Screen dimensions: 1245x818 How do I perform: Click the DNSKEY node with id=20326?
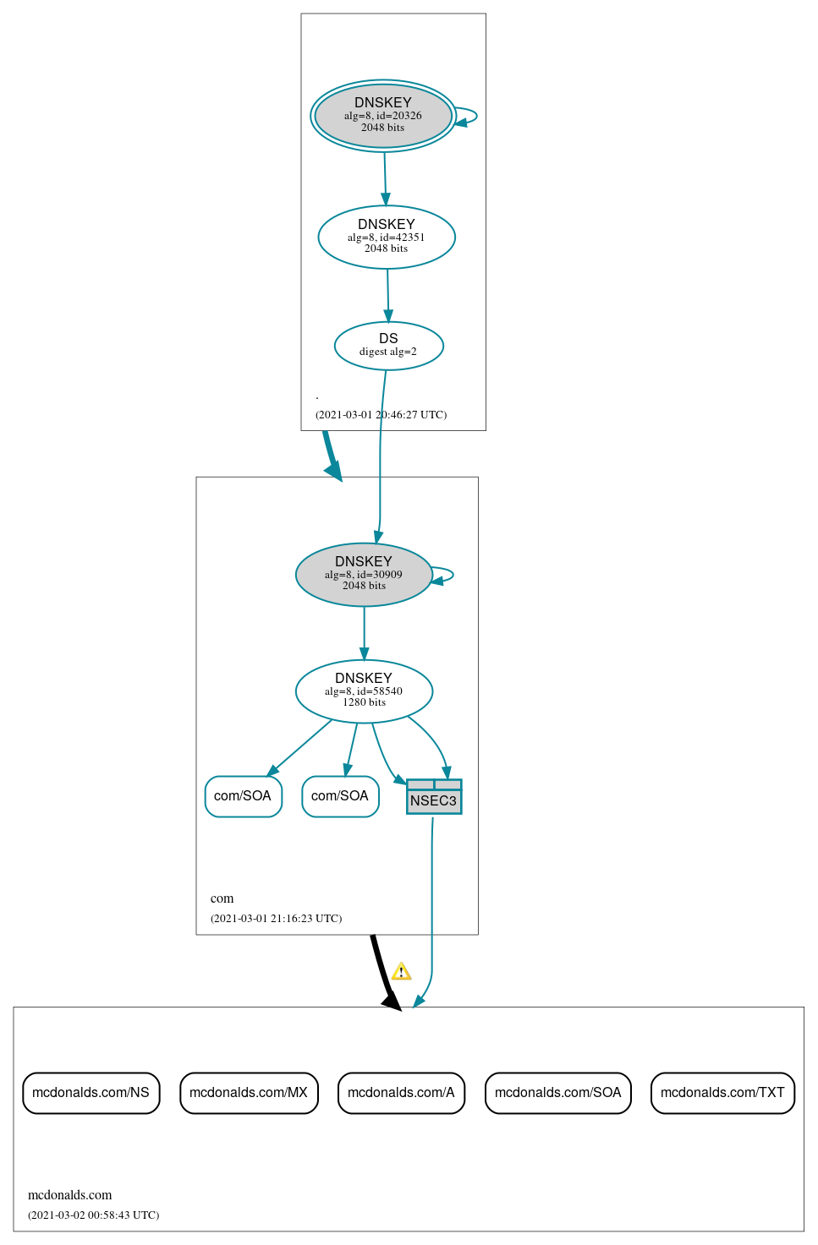383,116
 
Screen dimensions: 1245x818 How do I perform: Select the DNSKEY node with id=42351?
387,238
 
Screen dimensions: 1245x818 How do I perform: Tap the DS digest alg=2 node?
388,346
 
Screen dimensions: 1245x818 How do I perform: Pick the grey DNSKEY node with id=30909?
364,575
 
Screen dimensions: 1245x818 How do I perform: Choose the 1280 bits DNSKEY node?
364,691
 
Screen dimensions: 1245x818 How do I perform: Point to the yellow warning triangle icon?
402,971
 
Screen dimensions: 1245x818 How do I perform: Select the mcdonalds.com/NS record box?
91,1093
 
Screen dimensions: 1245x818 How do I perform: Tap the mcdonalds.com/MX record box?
249,1093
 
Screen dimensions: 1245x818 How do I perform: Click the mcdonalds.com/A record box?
401,1093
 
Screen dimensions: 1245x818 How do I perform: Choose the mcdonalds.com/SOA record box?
557,1093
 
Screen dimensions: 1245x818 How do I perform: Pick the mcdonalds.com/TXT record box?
722,1093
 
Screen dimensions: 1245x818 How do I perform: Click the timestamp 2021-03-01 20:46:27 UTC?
381,415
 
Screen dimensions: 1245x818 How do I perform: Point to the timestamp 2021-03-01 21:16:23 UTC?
276,919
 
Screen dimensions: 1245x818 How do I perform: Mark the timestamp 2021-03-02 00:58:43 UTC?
93,1215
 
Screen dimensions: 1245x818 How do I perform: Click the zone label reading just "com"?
222,898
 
